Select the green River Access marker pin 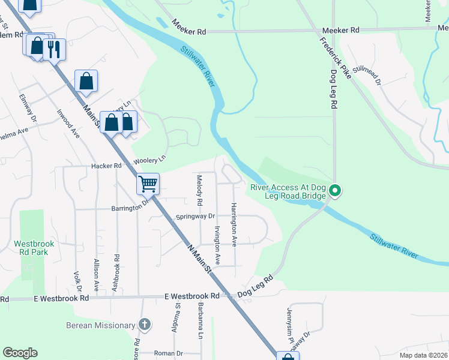[336, 192]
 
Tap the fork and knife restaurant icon [55, 49]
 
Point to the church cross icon [144, 325]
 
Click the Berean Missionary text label [101, 325]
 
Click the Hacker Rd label [106, 166]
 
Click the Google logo [20, 353]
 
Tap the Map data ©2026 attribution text [423, 355]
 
